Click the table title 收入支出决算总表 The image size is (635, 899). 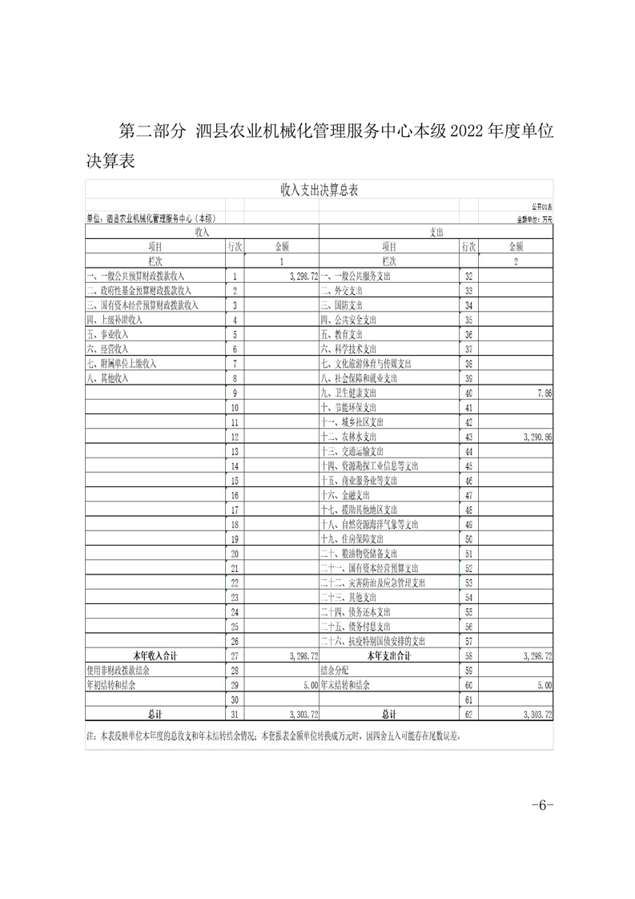pyautogui.click(x=319, y=190)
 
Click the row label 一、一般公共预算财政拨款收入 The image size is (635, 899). pyautogui.click(x=136, y=276)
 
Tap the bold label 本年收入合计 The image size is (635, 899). pyautogui.click(x=157, y=655)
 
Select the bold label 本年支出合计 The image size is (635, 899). pyautogui.click(x=388, y=655)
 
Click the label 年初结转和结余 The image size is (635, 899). pyautogui.click(x=114, y=685)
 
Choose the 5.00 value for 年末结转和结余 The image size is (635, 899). pyautogui.click(x=544, y=685)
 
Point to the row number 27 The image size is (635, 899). pyautogui.click(x=235, y=655)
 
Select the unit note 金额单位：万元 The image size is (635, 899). pyautogui.click(x=534, y=218)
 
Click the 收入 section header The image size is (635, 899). pyautogui.click(x=202, y=232)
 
